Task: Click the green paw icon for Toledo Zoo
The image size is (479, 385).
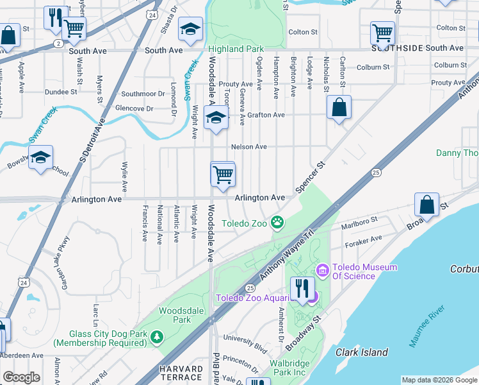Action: click(277, 223)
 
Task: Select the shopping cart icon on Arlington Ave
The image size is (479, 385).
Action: click(223, 174)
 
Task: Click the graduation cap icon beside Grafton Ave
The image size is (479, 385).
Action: click(216, 117)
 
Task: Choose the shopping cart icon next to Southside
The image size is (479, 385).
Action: click(382, 32)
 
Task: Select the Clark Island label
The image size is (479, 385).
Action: click(362, 352)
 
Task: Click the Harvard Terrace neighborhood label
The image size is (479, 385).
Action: click(181, 373)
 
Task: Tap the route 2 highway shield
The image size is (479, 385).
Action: click(58, 43)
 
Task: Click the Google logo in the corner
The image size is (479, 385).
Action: click(21, 377)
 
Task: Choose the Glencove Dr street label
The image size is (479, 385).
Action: click(134, 108)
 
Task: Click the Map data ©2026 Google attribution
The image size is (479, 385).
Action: click(439, 380)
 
